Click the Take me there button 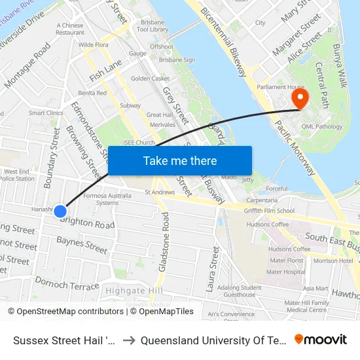tap(179, 160)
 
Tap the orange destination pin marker tap(300, 99)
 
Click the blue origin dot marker tap(60, 211)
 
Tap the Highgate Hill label tap(134, 290)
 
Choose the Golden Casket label tap(150, 79)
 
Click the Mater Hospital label tap(287, 271)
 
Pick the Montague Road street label tap(27, 65)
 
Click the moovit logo tap(321, 339)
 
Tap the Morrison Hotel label tap(333, 261)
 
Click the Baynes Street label tap(82, 246)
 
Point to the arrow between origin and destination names tap(129, 340)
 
